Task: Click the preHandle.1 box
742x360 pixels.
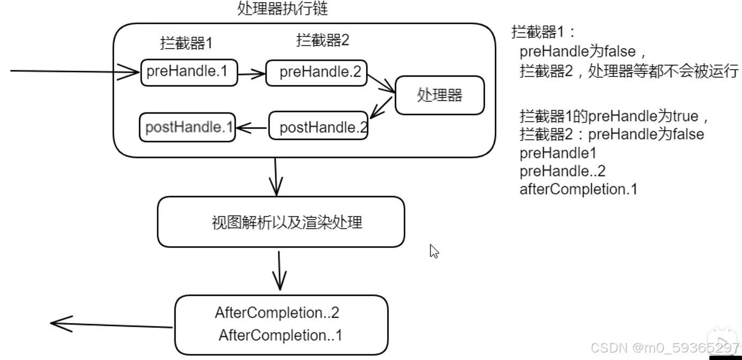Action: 188,72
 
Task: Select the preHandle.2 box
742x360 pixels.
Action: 316,73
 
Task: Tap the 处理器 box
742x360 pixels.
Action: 439,95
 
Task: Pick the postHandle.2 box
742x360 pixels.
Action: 318,127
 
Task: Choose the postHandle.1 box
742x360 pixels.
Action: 187,127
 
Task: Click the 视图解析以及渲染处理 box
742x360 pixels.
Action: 281,222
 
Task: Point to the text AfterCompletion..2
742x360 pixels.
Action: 277,313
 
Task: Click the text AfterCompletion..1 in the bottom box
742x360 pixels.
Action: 280,336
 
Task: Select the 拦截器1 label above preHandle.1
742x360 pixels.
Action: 186,43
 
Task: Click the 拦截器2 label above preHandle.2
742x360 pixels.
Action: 322,41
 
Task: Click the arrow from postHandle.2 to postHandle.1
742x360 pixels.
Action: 252,127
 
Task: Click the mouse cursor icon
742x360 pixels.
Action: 434,251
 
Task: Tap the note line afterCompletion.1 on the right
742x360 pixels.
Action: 578,189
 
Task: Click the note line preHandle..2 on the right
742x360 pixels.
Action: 562,171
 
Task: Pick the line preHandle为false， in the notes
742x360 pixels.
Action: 584,52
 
